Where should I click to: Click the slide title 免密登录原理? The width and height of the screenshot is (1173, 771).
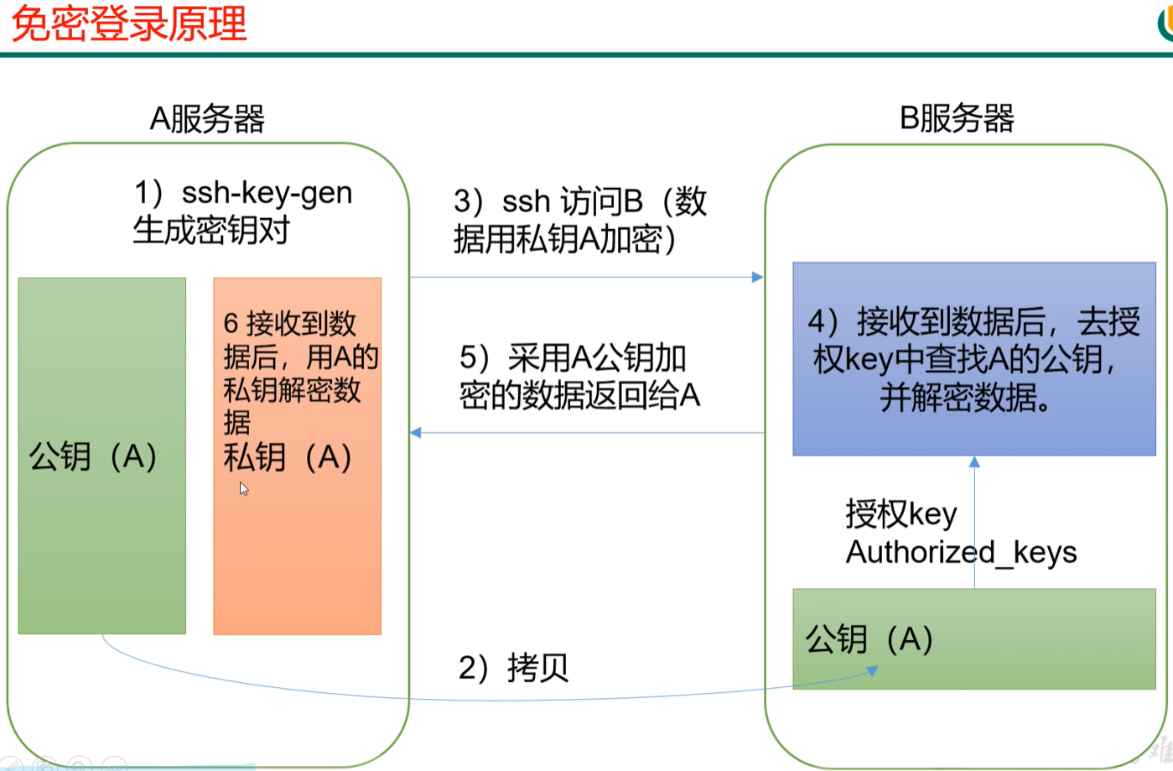tap(128, 23)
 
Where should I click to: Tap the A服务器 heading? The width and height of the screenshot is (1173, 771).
tap(207, 119)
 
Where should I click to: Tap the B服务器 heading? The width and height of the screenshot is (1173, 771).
tap(957, 118)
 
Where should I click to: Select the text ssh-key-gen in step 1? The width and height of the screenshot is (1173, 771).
tap(267, 193)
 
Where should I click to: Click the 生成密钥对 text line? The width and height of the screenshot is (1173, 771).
tap(211, 230)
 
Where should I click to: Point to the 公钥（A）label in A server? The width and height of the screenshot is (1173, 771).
tap(93, 457)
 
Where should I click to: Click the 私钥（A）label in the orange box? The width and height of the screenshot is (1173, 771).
tap(288, 458)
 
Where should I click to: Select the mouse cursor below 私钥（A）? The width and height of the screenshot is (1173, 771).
tap(243, 488)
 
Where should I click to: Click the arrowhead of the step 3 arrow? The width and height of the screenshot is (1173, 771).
tap(758, 277)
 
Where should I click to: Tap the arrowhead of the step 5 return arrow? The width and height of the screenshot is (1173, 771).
tap(416, 433)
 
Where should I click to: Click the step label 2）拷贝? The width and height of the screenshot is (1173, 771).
tap(513, 668)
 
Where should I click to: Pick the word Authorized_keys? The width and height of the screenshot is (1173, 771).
tap(961, 552)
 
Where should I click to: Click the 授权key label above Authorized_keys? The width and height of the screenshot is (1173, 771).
tap(901, 513)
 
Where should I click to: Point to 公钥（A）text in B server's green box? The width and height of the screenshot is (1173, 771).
tap(869, 639)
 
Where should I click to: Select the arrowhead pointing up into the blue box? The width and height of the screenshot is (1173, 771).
tap(974, 461)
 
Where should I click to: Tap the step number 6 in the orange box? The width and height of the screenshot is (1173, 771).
tap(231, 323)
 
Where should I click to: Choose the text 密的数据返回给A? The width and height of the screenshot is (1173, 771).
tap(579, 395)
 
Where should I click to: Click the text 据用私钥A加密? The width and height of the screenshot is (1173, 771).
tap(563, 240)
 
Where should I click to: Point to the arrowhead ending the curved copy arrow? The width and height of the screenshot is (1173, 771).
tap(873, 670)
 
